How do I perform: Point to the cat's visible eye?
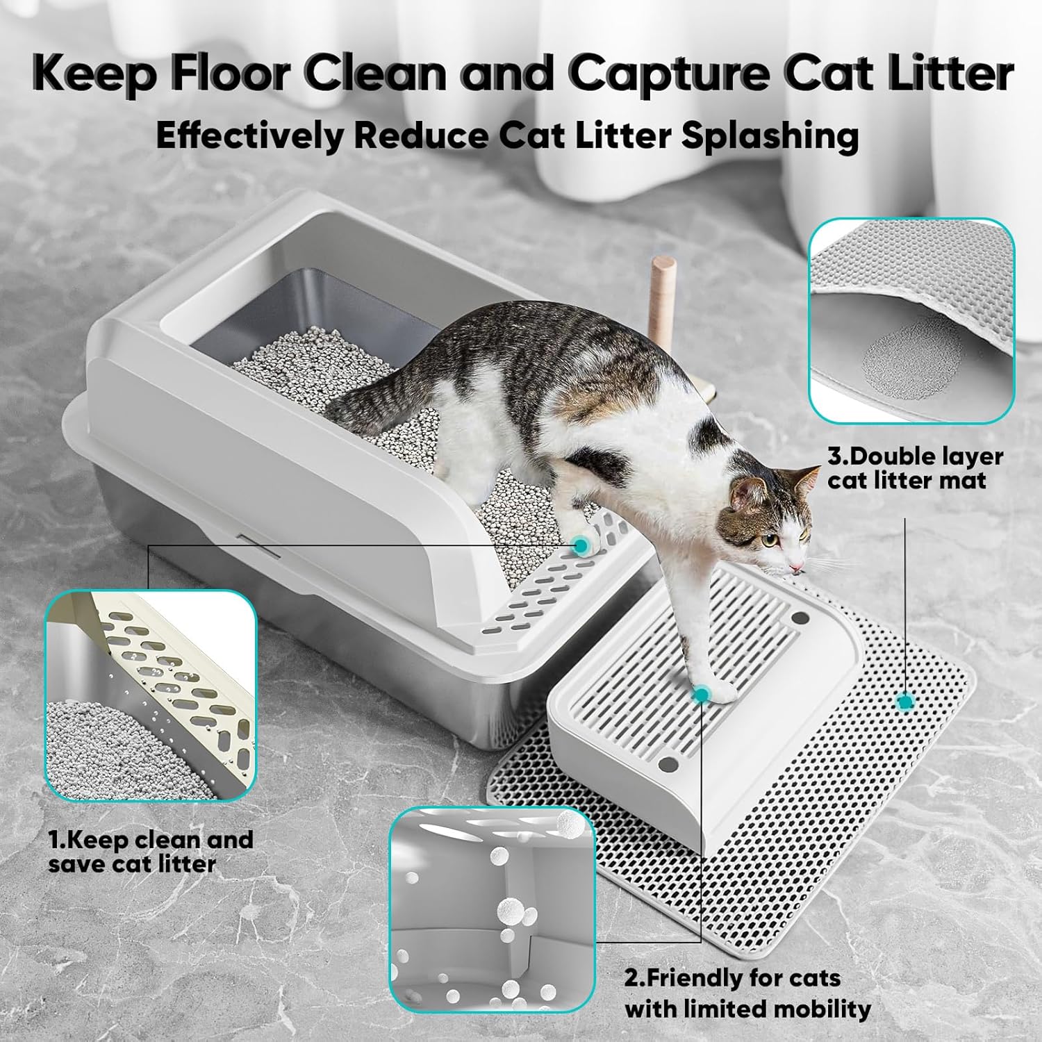768,538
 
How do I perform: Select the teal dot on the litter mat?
904,702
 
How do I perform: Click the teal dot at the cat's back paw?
579,546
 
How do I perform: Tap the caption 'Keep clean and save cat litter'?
150,852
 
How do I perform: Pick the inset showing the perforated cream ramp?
149,695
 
